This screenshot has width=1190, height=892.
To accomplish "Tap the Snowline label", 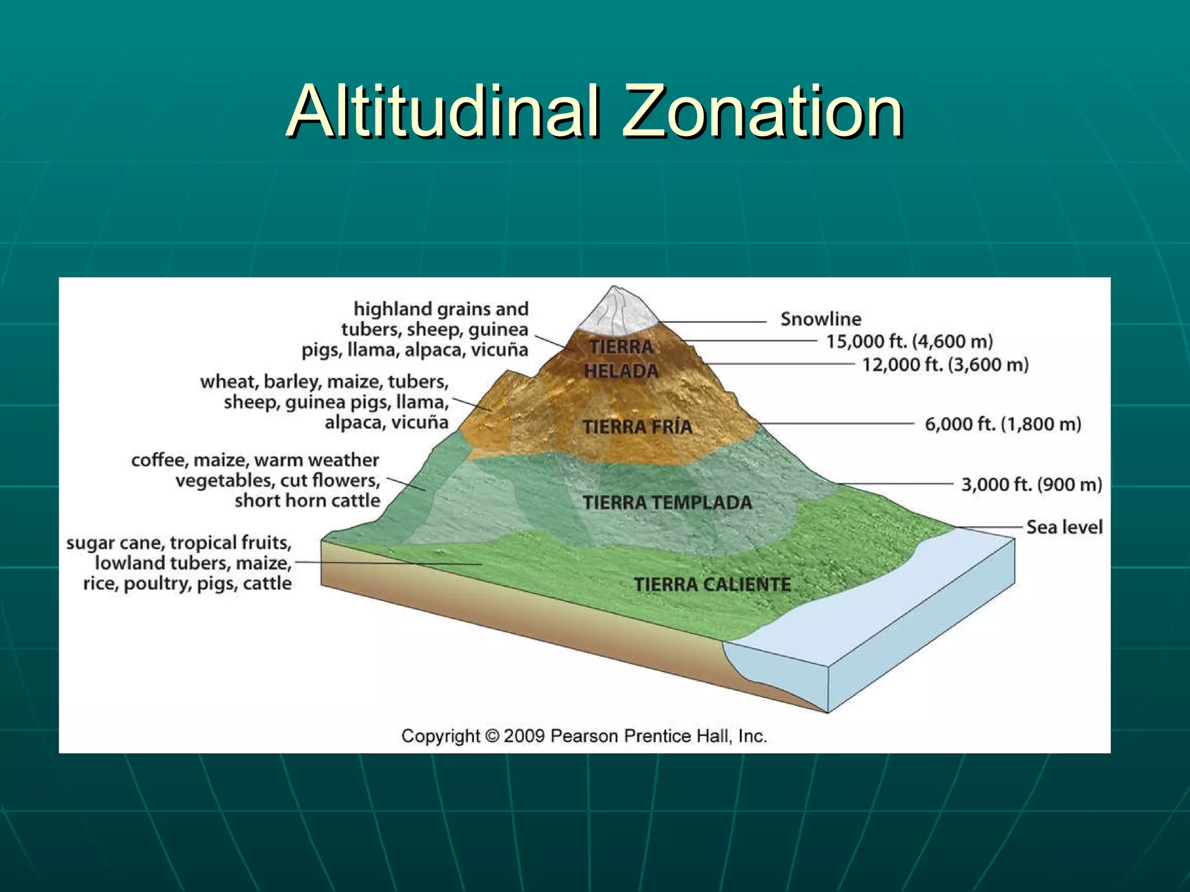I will point(820,319).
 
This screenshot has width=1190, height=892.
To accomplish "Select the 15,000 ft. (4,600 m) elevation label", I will point(909,341).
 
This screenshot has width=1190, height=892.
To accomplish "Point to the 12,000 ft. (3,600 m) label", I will point(945,365).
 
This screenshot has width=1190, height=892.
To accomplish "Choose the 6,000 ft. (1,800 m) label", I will point(1002,424).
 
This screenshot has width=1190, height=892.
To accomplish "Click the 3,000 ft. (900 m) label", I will point(1031,484).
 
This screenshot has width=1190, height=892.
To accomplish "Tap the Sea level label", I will point(1064,527).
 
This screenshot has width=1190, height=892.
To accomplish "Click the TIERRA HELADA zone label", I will point(621,359).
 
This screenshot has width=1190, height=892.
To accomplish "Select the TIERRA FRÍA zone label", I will point(637,427).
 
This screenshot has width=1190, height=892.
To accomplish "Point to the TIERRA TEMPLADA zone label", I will point(667,503).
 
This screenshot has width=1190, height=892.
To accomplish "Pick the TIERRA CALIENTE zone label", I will point(712,584).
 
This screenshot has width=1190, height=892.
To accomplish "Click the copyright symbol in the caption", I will point(492,736).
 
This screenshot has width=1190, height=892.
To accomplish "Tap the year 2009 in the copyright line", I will point(524,736).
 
